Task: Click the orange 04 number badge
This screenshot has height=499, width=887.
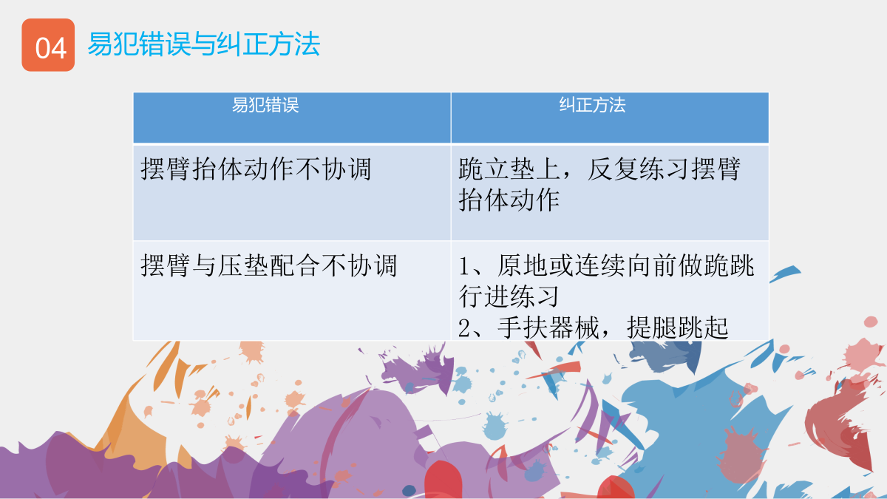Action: (48, 45)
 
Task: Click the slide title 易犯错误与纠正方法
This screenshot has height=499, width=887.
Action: (203, 44)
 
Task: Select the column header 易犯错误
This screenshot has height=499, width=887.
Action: (265, 105)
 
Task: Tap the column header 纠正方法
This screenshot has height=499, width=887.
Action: (592, 105)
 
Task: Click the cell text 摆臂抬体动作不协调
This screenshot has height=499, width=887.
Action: (256, 169)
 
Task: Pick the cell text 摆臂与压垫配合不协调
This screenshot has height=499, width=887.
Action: (269, 265)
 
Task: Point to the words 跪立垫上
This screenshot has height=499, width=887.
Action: (509, 169)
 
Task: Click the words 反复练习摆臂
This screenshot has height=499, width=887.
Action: (664, 169)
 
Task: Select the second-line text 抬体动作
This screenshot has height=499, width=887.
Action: (509, 200)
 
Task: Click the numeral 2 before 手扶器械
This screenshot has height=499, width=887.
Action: (464, 328)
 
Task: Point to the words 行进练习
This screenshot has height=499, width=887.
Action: (509, 296)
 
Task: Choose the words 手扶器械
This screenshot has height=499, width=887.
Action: (548, 327)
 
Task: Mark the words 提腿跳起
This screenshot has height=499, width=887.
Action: (678, 327)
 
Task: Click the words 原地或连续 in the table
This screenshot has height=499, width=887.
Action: (561, 265)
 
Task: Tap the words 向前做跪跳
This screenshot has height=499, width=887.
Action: (690, 265)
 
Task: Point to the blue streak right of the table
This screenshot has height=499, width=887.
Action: (785, 274)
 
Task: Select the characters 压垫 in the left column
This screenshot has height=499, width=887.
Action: (243, 265)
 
